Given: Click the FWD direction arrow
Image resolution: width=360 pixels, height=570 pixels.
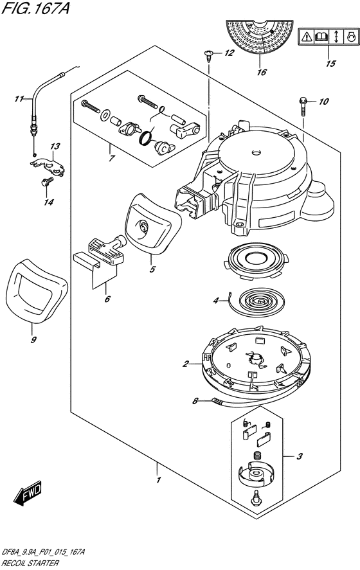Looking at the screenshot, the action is [x=28, y=493].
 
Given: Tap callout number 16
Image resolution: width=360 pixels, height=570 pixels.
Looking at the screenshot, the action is [x=261, y=73].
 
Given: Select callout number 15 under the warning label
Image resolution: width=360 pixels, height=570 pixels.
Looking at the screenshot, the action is [x=330, y=63].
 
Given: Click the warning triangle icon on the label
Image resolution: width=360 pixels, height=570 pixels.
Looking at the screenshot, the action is [x=307, y=37].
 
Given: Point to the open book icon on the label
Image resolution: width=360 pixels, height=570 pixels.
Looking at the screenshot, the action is [x=322, y=37].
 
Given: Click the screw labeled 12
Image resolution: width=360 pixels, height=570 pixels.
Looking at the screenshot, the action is [x=209, y=55].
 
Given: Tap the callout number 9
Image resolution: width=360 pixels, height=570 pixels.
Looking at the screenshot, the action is [x=33, y=340].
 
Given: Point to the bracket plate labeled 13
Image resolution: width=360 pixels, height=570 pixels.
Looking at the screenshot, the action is [x=48, y=166].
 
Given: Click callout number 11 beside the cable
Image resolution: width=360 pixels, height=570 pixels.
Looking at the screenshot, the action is [x=19, y=98].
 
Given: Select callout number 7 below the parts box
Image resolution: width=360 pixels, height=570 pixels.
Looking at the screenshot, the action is [x=112, y=158].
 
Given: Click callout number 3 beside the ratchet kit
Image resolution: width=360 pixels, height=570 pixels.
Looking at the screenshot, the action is [x=300, y=456].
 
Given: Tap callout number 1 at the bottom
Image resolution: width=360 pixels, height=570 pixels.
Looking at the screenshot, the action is [x=158, y=480].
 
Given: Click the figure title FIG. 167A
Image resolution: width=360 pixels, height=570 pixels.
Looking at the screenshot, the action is [x=35, y=8].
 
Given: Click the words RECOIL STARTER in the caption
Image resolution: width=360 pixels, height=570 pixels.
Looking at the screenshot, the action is [x=30, y=563].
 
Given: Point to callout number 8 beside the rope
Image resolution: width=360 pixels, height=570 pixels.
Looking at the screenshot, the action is [x=195, y=401].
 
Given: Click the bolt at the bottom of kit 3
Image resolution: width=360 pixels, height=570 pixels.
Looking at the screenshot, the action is [x=256, y=498].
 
